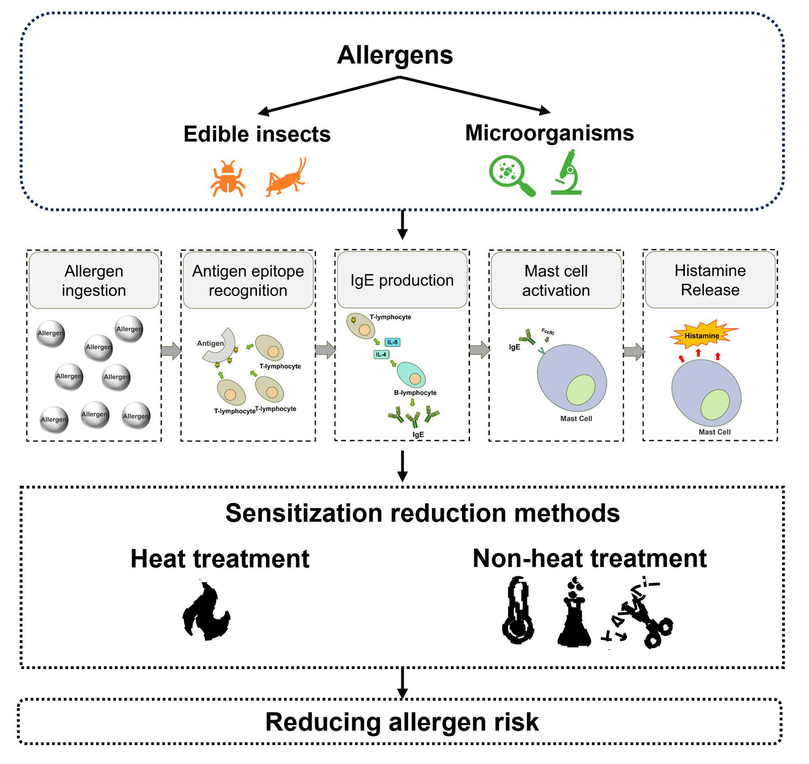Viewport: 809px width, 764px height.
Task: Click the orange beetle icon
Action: pos(228,178)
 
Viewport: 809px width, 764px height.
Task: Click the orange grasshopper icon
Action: pos(286,178)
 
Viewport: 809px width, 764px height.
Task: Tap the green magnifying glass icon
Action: pos(511,175)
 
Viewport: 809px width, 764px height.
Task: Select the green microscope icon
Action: pos(568,173)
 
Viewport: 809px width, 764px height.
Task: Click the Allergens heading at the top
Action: pos(395,55)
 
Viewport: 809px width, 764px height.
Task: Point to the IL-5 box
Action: pos(392,342)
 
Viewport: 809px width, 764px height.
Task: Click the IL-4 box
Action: pos(381,354)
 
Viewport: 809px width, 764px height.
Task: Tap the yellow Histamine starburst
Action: pos(702,336)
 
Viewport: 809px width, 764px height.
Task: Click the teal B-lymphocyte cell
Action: pos(411,374)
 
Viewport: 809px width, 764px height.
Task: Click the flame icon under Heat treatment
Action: pos(206,611)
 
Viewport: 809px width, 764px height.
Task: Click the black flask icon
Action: pos(574,614)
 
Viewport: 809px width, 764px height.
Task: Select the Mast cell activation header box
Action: pos(556,281)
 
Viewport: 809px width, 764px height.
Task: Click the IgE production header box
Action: pos(402,280)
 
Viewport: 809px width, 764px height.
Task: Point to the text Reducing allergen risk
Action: pos(402,722)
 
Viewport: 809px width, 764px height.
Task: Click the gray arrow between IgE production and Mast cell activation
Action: pos(479,351)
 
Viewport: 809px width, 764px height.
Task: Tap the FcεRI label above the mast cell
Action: pos(547,332)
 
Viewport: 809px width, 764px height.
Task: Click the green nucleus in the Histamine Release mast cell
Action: pos(715,404)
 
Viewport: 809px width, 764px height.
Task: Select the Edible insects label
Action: pos(257,134)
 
